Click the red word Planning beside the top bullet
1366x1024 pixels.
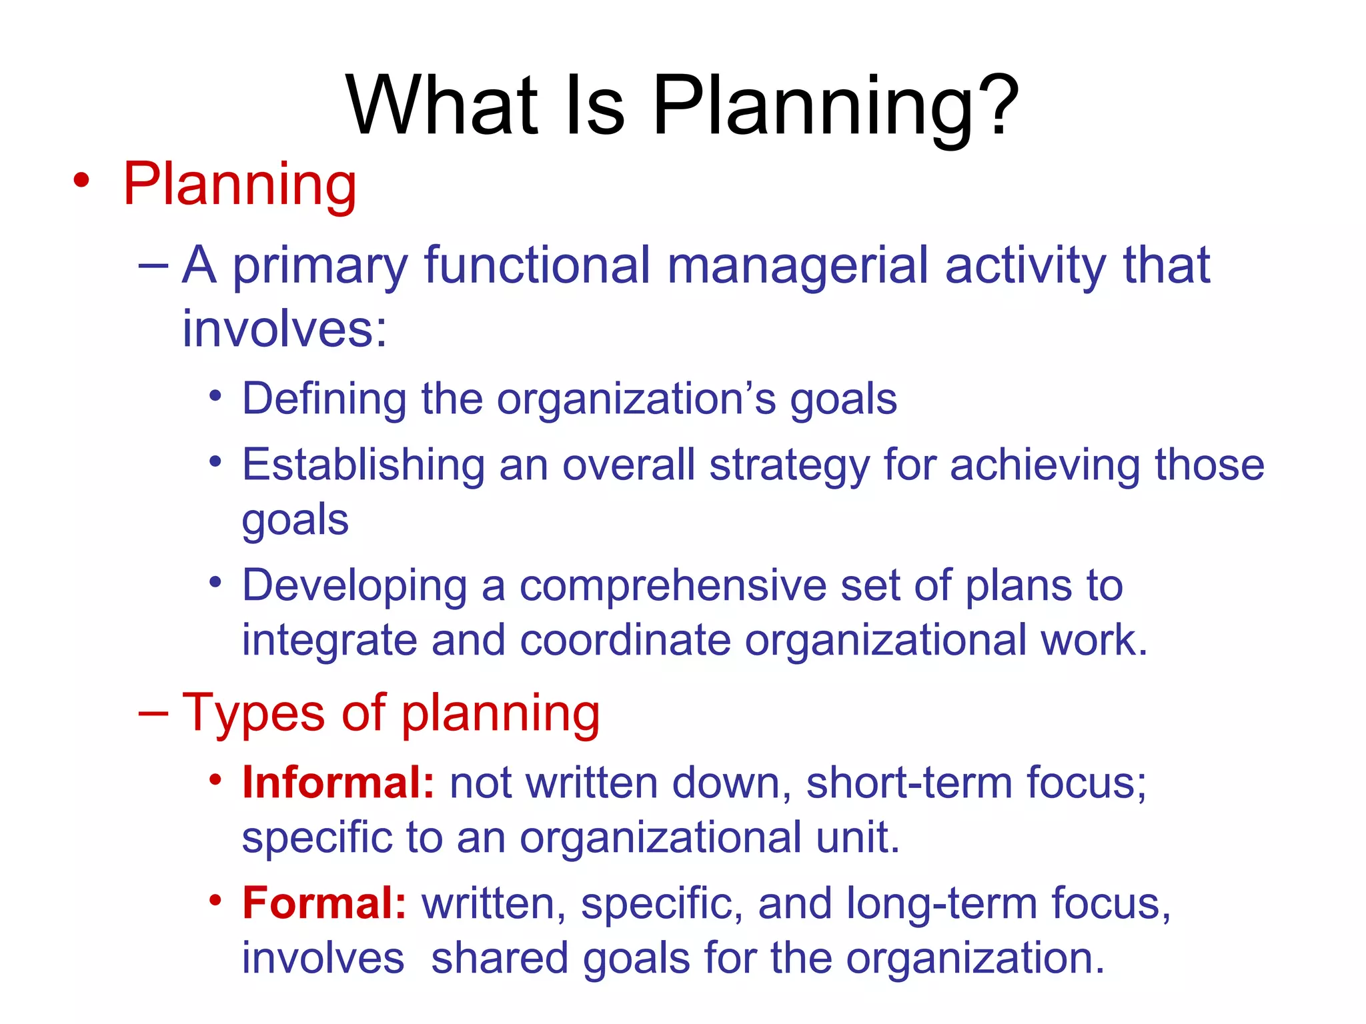click(239, 185)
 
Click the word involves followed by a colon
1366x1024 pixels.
click(284, 329)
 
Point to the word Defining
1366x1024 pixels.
click(323, 399)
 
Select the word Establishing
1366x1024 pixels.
click(363, 465)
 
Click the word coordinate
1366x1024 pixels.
click(625, 640)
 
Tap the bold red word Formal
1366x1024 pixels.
click(324, 903)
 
